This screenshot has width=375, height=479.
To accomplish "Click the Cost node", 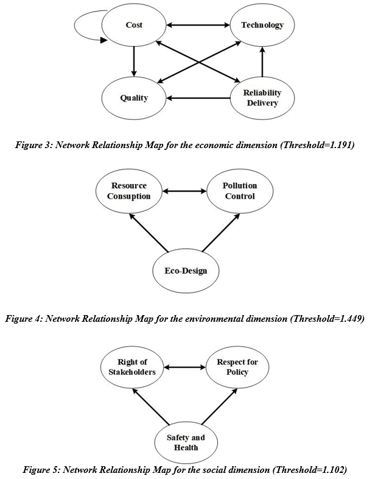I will pos(134,26).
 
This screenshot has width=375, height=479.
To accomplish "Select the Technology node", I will pos(262,26).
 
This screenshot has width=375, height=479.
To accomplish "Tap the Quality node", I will pos(134,98).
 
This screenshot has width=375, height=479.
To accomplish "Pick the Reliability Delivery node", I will pos(262,98).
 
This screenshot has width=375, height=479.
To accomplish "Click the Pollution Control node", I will pos(239,191).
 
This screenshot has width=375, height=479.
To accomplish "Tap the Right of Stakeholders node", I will pos(132,367).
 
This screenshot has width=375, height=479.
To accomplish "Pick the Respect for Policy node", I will pos(237,367).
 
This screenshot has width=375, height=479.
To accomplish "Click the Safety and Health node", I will pos(186,442).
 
